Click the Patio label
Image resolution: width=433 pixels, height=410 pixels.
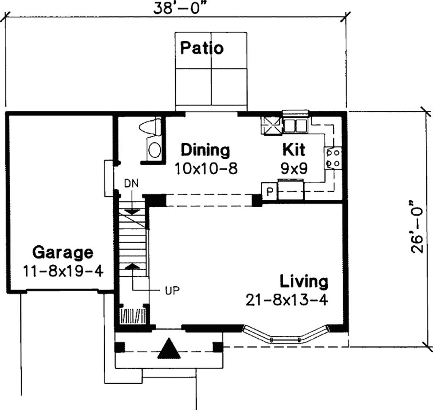(202, 48)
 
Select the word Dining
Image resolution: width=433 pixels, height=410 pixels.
(206, 150)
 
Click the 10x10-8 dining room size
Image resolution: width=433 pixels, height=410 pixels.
(206, 168)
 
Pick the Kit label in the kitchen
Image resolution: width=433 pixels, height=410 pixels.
(293, 150)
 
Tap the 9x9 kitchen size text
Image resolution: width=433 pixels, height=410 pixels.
(294, 168)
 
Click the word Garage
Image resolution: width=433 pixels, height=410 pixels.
(63, 252)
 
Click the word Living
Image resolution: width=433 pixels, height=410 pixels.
(304, 281)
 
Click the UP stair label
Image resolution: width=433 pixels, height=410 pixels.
(173, 291)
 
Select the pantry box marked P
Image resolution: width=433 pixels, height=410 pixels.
(269, 191)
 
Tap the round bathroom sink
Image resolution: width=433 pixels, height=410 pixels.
(154, 150)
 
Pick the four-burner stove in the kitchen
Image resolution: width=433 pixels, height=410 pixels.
(333, 158)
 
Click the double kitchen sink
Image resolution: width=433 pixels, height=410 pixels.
(295, 126)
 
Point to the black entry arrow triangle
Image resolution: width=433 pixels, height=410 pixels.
(169, 349)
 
